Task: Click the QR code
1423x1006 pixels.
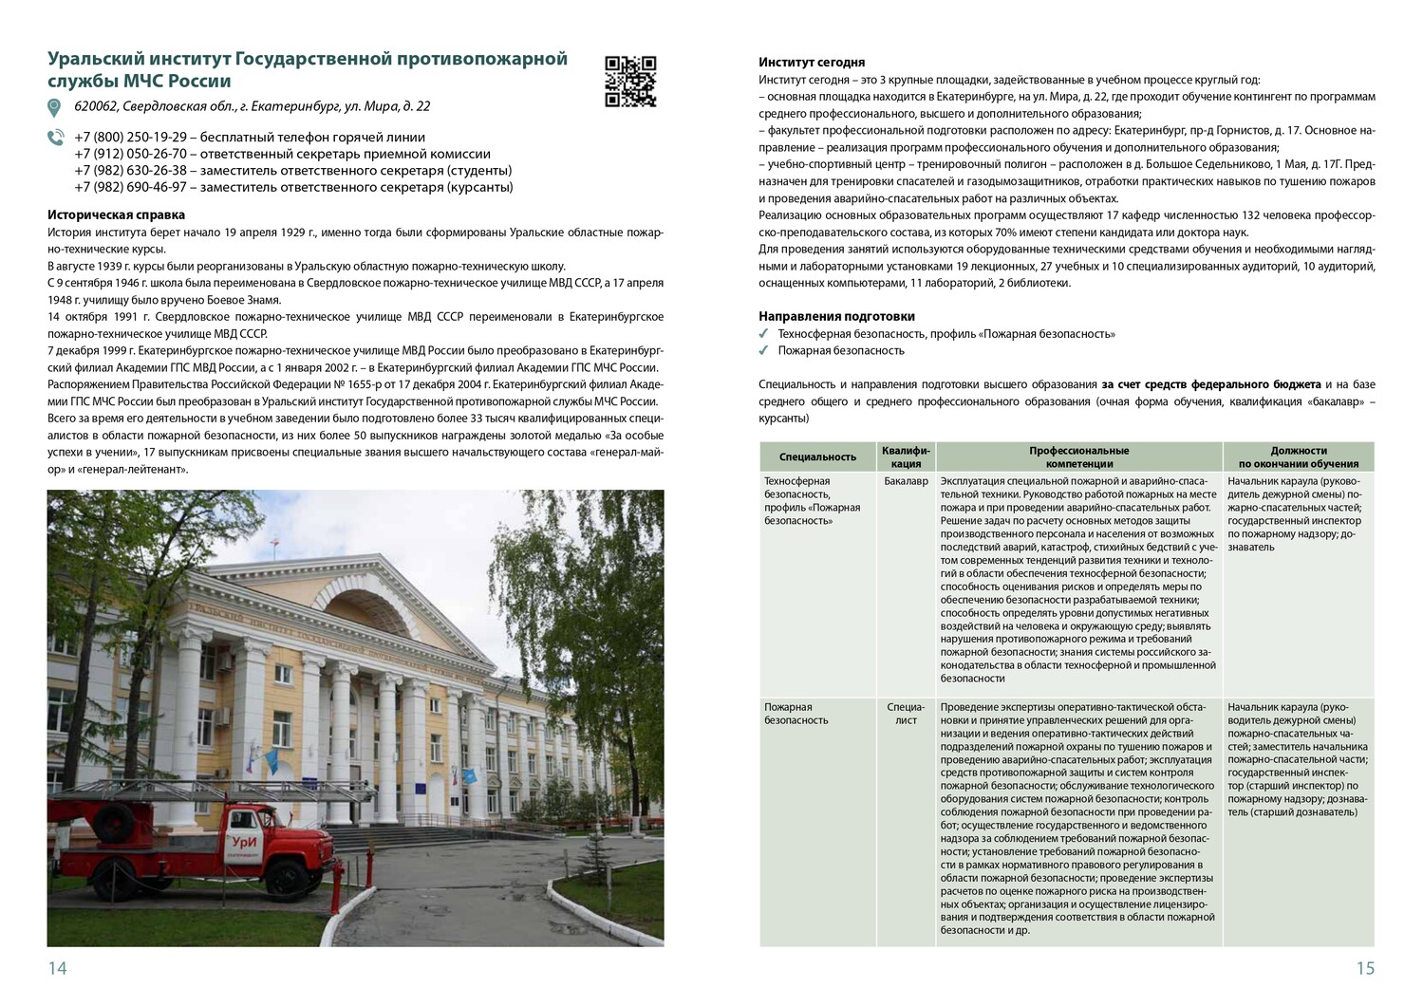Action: (630, 82)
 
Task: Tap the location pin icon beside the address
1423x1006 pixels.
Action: (55, 107)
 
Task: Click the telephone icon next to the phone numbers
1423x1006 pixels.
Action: (55, 138)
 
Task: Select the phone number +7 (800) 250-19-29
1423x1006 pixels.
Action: (130, 137)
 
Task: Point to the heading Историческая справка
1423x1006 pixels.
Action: (116, 215)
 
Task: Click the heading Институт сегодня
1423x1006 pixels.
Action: (812, 63)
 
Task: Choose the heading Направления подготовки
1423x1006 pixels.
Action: (836, 316)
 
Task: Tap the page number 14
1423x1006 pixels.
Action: (57, 968)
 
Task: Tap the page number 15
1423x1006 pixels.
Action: (1364, 968)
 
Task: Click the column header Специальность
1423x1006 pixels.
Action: (817, 456)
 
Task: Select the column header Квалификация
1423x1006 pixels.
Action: (907, 456)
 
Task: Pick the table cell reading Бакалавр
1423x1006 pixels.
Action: (906, 481)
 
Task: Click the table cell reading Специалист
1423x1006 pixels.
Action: (906, 714)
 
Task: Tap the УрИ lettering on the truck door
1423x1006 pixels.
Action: (245, 817)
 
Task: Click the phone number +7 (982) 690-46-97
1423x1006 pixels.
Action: (130, 187)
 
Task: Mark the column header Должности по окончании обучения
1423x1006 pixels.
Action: (1298, 456)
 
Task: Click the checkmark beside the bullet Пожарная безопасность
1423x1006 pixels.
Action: (764, 351)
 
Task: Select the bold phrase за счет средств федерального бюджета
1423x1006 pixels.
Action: (1210, 384)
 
